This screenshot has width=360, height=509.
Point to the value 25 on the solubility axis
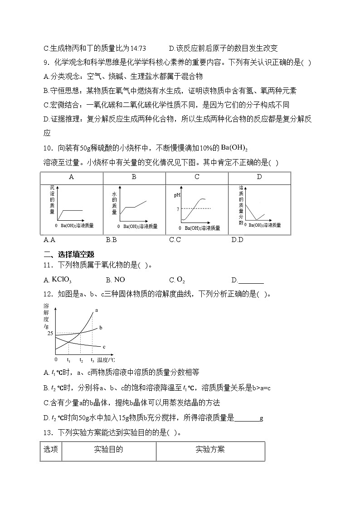(49, 334)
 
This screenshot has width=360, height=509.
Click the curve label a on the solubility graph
(96, 310)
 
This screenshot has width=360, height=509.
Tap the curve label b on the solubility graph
(100, 327)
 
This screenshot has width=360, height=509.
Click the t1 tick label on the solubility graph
(68, 360)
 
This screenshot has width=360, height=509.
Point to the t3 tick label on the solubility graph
(92, 360)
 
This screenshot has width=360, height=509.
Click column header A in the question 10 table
(71, 177)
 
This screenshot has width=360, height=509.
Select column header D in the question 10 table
(259, 177)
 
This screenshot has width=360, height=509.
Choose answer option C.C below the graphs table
(175, 240)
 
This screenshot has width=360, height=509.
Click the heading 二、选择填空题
(72, 254)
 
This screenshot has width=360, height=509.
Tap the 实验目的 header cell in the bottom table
(108, 450)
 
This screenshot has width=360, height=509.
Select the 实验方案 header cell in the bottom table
(210, 450)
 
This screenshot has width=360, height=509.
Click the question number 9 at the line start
(45, 63)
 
